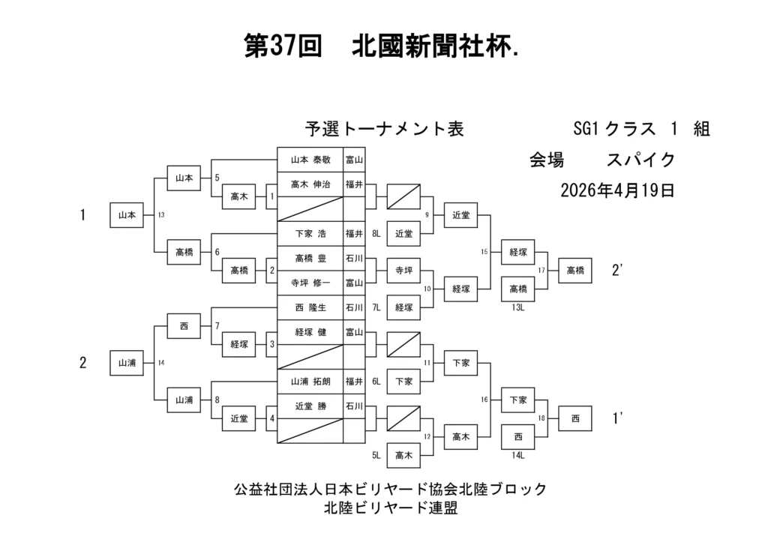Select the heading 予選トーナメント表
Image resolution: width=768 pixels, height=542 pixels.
click(384, 129)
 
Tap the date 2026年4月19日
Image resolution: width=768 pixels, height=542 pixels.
click(617, 190)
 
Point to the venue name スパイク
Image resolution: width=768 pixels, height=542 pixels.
click(641, 160)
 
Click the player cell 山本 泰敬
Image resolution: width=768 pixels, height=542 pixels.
click(310, 160)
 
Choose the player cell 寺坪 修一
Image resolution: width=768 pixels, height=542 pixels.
click(310, 283)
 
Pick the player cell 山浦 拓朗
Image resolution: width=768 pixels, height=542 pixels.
click(310, 382)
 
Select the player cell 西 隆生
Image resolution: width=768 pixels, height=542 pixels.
click(310, 307)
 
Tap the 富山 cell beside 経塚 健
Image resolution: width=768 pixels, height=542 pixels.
click(354, 332)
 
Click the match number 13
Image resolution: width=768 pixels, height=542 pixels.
click(161, 215)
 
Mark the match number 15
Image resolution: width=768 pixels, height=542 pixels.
click(484, 252)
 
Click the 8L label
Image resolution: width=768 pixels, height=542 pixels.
click(376, 234)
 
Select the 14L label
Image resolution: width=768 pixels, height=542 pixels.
click(517, 454)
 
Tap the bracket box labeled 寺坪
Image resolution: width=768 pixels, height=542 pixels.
click(403, 271)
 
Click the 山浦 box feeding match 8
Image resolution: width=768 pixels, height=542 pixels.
click(184, 400)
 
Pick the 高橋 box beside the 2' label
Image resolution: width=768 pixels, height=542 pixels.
click(575, 271)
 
